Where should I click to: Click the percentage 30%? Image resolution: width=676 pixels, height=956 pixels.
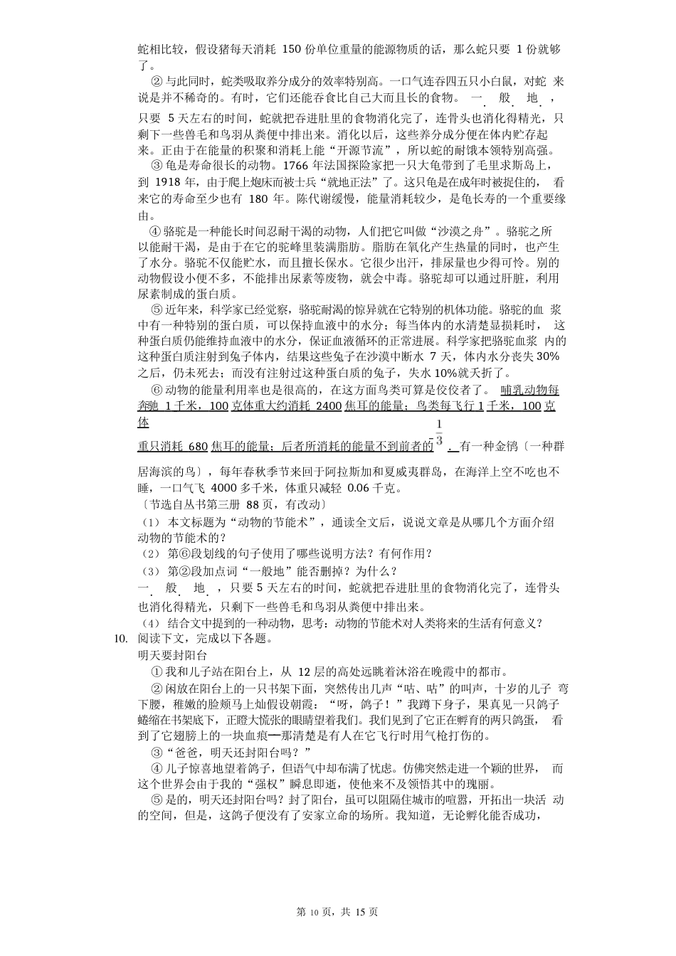pos(548,356)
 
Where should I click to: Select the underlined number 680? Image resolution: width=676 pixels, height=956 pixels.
pos(199,447)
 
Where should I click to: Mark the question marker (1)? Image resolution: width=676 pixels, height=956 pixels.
pos(150,522)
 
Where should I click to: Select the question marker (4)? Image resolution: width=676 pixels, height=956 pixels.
pos(150,624)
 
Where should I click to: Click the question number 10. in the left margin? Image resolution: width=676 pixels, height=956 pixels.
pos(121,638)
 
